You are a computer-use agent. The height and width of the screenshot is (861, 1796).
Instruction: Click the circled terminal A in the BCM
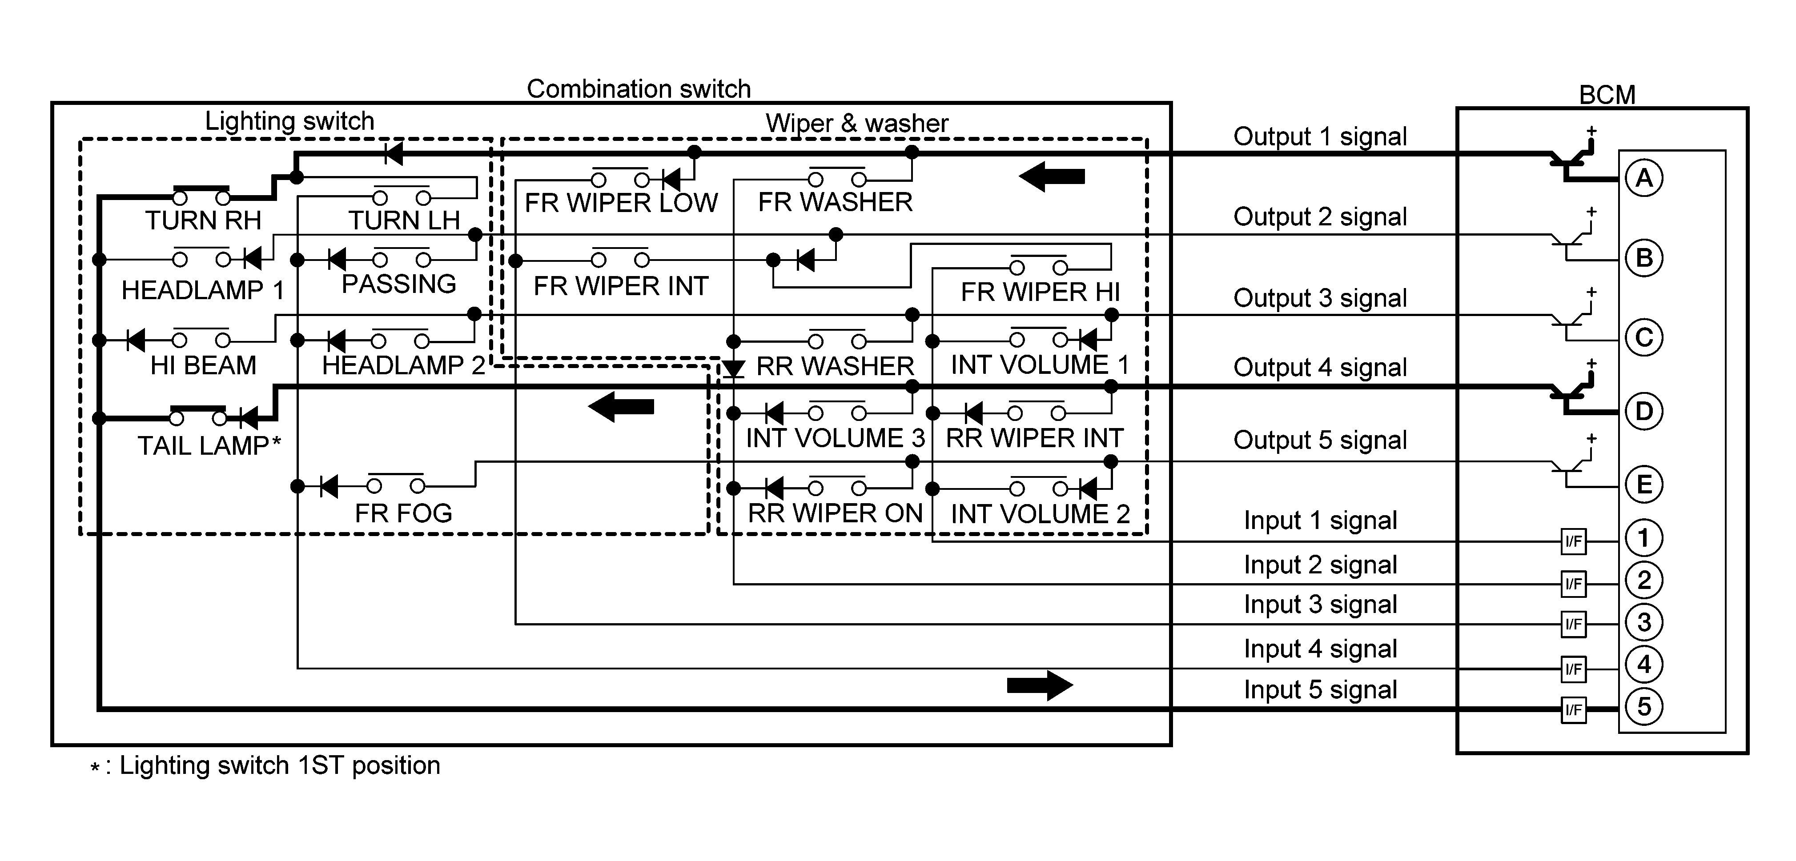pos(1643,179)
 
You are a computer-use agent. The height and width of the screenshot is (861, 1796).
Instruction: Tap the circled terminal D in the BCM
pos(1643,411)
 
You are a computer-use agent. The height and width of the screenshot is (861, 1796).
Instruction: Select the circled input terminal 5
pos(1643,707)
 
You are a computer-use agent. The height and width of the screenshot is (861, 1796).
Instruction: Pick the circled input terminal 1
pos(1643,538)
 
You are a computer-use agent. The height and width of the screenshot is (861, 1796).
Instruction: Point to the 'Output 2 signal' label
pos(1320,217)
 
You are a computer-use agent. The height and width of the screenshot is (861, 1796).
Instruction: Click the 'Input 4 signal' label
pos(1320,649)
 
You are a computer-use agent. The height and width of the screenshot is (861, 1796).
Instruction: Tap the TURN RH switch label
pos(203,220)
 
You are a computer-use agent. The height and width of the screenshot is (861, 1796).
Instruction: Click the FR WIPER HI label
pos(1040,292)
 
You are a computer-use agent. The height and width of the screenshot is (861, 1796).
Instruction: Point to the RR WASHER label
pos(835,366)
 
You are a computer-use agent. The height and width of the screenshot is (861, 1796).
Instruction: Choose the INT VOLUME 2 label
pos(1040,514)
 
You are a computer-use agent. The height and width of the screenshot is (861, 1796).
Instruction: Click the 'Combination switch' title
pos(639,89)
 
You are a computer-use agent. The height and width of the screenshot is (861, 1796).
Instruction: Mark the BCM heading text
pos(1607,95)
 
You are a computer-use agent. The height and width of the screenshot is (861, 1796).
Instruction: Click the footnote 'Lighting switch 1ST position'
pos(279,765)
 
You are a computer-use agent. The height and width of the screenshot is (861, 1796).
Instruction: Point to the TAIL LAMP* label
pos(209,445)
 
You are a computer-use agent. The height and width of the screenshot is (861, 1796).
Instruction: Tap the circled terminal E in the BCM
pos(1643,485)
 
